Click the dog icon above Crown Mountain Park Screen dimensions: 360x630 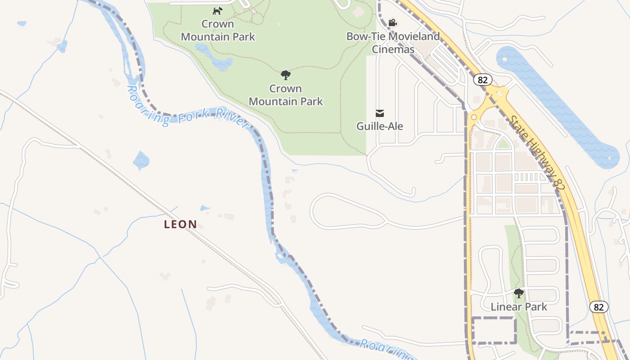218,11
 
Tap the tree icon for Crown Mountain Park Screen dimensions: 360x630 285,75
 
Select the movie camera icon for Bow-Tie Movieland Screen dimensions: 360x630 392,22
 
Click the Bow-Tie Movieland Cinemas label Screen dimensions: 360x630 393,43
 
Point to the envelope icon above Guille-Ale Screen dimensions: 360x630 380,113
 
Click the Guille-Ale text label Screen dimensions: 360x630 380,126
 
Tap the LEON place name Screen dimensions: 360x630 180,224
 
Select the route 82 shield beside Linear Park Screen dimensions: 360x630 598,307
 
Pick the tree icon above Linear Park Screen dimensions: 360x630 519,294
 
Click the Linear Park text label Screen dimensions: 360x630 519,307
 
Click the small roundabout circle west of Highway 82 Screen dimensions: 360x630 473,118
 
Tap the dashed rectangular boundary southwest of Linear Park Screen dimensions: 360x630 493,330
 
